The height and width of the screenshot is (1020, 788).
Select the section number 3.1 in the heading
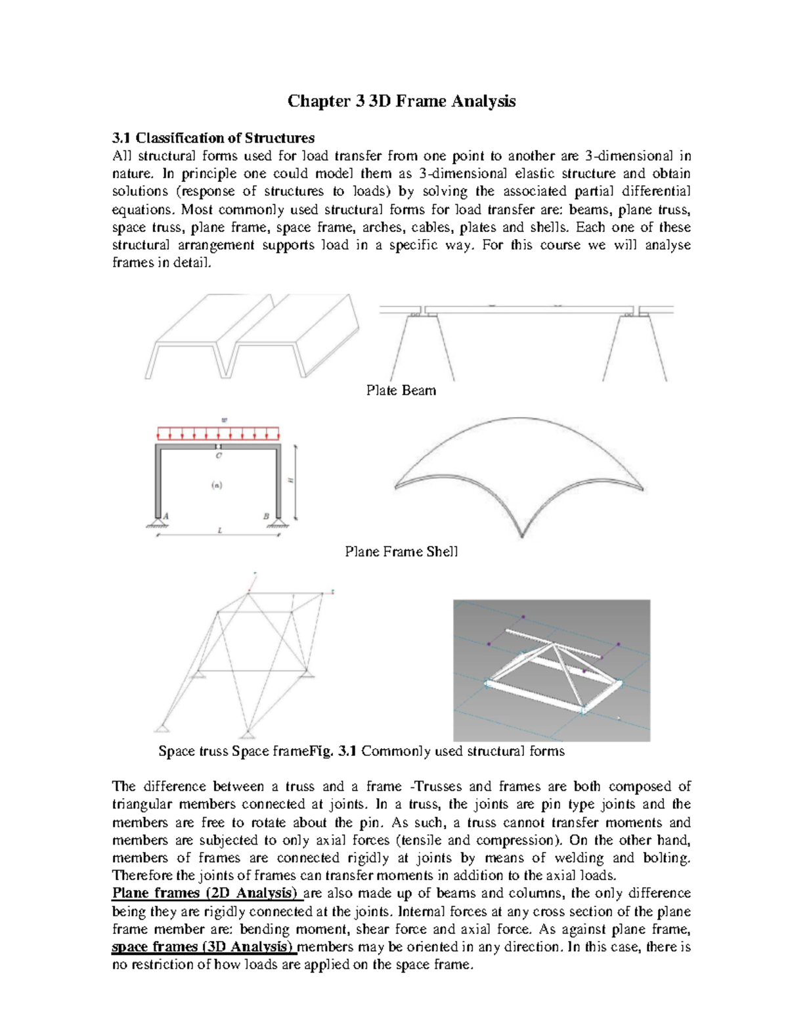tap(121, 138)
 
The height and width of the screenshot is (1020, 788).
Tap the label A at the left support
tap(165, 516)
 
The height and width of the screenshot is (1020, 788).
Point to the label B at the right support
tap(267, 516)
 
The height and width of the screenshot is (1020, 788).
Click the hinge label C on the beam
tap(219, 455)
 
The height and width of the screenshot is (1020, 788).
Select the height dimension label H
tap(291, 481)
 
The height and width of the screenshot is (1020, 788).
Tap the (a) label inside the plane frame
tap(216, 485)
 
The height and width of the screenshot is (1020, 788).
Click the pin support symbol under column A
tap(158, 523)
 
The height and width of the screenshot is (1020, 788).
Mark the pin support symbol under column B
tap(280, 523)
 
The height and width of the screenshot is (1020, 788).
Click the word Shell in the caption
tap(442, 552)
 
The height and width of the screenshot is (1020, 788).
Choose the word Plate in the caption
tap(382, 390)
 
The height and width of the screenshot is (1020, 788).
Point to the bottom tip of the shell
tap(522, 535)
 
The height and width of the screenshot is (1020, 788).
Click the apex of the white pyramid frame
tap(554, 646)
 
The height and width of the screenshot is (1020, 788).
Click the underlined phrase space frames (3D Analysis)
tap(204, 947)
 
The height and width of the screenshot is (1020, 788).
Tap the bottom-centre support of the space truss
tap(247, 734)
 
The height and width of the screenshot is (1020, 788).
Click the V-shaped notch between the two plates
tap(227, 374)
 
